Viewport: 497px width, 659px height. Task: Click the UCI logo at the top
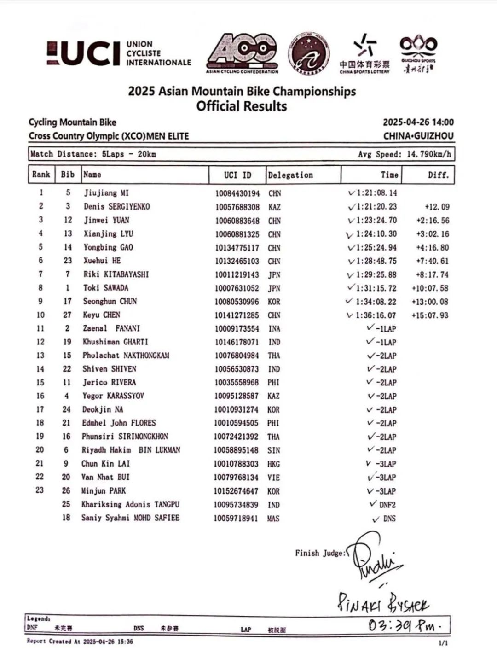[119, 53]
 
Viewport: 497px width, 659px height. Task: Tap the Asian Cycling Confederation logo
[242, 53]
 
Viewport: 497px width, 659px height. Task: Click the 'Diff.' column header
[438, 175]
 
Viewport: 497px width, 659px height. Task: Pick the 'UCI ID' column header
[237, 175]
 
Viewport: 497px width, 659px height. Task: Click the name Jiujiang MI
[106, 193]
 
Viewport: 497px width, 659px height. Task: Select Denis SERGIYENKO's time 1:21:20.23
[376, 207]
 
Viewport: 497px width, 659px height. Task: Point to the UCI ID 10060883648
[237, 221]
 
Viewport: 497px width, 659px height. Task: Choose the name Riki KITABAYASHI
[116, 274]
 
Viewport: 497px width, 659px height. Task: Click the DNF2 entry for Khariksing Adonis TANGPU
[387, 505]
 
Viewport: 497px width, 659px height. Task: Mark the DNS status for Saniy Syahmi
[389, 519]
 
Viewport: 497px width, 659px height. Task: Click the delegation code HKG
[273, 464]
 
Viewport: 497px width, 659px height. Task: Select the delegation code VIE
[273, 478]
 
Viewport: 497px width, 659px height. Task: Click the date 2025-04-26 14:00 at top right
[418, 122]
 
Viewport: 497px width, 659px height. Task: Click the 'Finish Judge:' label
[320, 553]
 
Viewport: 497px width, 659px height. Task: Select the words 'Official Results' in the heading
[242, 106]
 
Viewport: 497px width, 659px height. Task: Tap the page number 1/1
[443, 643]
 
